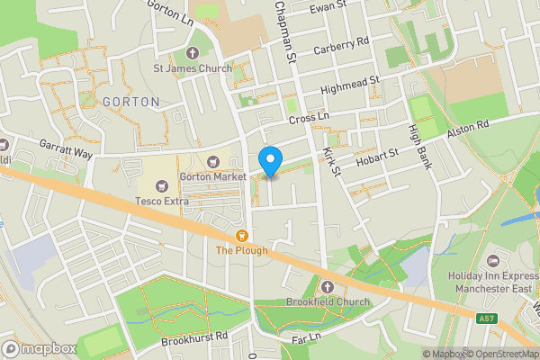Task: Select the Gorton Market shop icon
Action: [213, 162]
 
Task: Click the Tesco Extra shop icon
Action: [162, 185]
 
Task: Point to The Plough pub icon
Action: [242, 236]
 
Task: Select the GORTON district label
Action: [130, 102]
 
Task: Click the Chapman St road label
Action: [285, 31]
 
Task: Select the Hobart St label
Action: [376, 156]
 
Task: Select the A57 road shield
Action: [485, 318]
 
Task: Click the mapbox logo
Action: [40, 349]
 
